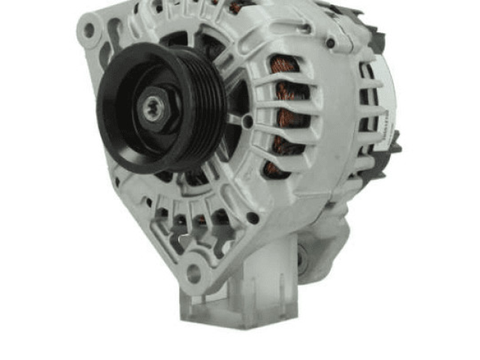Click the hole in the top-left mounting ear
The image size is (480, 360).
pyautogui.click(x=90, y=30)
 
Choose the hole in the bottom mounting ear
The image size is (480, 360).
pyautogui.click(x=193, y=271)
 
